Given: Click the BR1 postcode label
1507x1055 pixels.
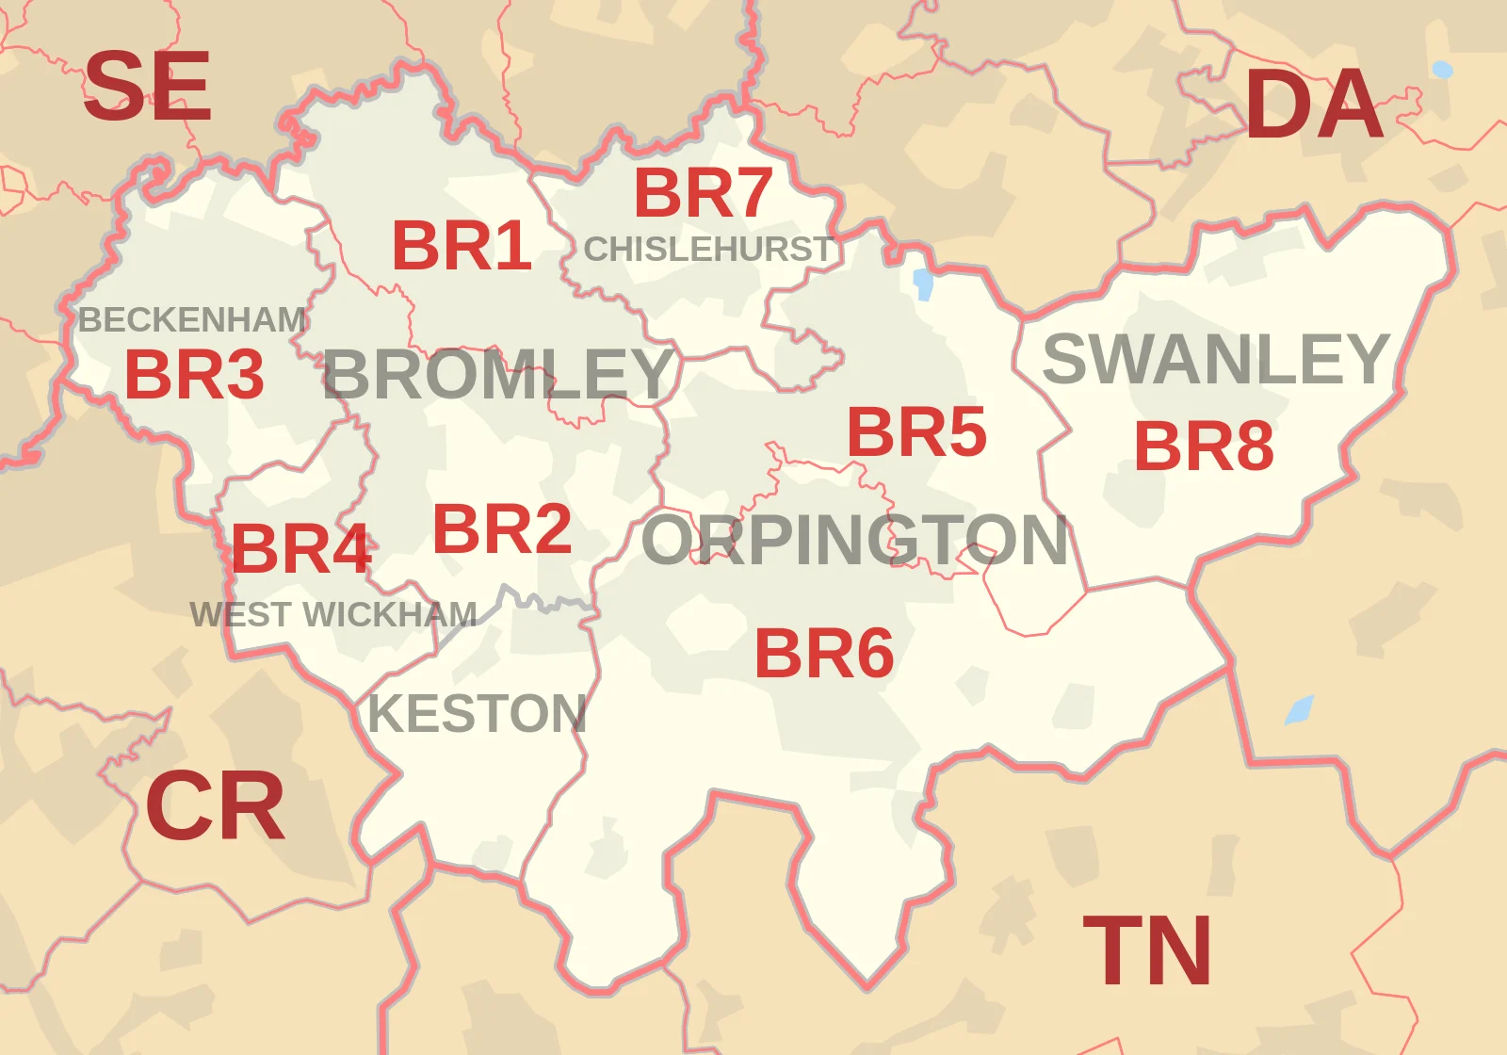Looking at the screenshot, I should (x=462, y=246).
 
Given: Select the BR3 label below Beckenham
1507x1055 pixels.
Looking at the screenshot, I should (x=194, y=374).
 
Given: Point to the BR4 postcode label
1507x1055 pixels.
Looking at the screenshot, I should (x=300, y=549).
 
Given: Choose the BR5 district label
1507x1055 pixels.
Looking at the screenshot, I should (x=916, y=432).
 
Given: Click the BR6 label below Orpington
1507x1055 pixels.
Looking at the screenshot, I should (x=824, y=654).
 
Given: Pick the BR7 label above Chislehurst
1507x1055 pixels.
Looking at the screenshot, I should (x=703, y=193).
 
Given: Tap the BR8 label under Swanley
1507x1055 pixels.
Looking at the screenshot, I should (x=1204, y=446).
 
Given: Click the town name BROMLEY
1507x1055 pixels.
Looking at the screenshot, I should (x=498, y=374).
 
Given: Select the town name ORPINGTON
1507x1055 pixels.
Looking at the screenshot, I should (x=854, y=541).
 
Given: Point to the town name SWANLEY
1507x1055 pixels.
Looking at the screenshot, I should (x=1216, y=359).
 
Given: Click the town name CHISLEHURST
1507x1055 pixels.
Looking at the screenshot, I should (x=708, y=250).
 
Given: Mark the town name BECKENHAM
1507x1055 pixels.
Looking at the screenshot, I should (x=192, y=320).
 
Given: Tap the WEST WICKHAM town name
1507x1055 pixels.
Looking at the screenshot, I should (x=333, y=615).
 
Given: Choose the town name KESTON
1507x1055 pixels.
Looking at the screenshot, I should (x=477, y=713).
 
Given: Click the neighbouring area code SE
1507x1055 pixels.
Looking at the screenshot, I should (x=147, y=87).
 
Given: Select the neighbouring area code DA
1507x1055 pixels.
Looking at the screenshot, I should (x=1314, y=105).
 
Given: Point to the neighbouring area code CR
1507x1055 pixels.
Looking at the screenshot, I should (x=215, y=806).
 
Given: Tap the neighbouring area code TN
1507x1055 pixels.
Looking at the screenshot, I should (x=1147, y=951).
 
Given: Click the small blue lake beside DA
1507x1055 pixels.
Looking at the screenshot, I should (x=1442, y=70).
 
